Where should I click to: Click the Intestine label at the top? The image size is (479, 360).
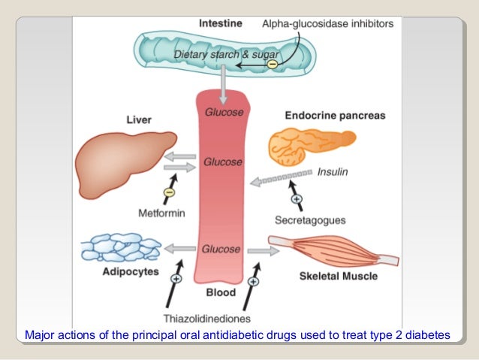click(x=220, y=23)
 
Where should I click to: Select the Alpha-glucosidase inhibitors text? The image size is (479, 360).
click(x=327, y=24)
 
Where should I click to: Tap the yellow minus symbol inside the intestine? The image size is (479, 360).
click(x=272, y=65)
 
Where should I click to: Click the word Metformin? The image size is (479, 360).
click(x=161, y=213)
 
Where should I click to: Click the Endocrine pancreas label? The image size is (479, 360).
click(x=335, y=116)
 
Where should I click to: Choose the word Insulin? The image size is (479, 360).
click(x=332, y=171)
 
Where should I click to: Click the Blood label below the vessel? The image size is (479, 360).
click(x=220, y=292)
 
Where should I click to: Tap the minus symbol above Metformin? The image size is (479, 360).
click(x=168, y=192)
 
